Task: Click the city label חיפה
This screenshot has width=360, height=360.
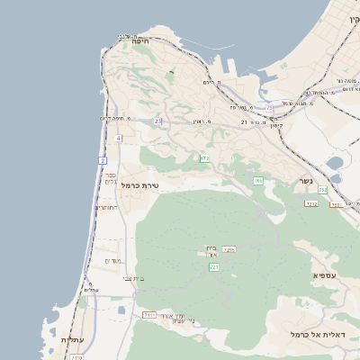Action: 140,41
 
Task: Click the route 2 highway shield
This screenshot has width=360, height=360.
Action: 103,160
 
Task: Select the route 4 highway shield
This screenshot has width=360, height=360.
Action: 118,138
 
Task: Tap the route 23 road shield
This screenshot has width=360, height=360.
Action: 158,121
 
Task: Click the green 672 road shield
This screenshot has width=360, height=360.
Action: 204,158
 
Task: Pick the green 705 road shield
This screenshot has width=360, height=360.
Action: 258,181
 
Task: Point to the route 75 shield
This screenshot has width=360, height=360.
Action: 268,108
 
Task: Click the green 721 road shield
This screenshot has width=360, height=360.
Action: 214,267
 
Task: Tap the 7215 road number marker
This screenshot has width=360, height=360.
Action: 229,249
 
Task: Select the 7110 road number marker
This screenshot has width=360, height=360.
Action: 149,315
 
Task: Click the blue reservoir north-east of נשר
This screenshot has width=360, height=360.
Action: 335,164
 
